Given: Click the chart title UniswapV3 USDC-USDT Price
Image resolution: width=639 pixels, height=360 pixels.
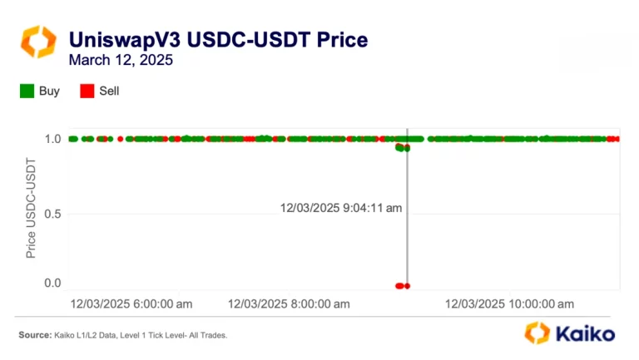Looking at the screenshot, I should point(218,39).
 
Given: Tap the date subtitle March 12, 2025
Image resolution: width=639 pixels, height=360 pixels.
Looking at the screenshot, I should point(121,60).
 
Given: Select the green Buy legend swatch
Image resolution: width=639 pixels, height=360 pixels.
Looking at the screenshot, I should point(27,91).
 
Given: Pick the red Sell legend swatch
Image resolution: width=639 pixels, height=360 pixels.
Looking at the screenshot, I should point(87,91).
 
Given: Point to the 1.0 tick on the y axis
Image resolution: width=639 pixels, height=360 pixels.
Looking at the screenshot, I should point(52,139).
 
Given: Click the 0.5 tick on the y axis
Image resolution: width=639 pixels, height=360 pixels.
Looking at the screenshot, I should point(52,215).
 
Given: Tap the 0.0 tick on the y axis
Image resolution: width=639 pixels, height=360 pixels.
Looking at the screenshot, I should point(52,284).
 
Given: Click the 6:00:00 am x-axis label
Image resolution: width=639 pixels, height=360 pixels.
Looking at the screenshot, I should point(131,304).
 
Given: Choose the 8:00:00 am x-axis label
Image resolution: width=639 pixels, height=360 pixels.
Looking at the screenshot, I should point(288,304).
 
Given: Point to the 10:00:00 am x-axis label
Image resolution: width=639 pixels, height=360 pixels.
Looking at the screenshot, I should point(509,304).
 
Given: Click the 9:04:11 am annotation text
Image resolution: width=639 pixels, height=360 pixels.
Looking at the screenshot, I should point(341,208).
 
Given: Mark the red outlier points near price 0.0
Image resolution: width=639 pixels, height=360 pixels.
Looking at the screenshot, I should point(402,286).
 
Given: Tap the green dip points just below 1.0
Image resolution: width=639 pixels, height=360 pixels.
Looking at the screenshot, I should point(403,148).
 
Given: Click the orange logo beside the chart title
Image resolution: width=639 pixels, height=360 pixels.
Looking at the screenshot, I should point(37,42).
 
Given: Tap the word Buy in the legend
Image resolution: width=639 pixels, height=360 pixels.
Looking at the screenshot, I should point(49,91).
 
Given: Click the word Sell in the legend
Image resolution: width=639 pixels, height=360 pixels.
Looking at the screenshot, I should point(109,91).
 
